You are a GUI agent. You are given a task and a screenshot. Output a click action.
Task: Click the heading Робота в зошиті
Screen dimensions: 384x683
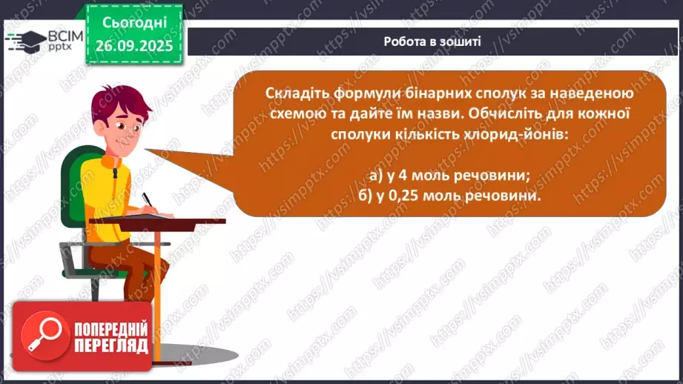coord(432,42)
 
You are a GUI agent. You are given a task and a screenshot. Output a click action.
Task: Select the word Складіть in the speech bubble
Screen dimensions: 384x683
coord(295,94)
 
